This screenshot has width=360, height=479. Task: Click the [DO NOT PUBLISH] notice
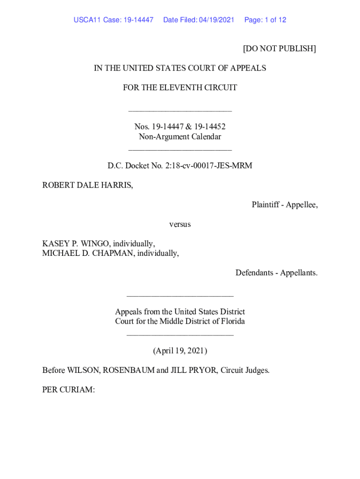[279, 49]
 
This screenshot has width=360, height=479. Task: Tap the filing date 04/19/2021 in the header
[216, 20]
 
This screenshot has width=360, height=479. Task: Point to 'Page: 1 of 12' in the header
[265, 20]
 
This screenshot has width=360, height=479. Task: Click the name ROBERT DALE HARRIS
[87, 185]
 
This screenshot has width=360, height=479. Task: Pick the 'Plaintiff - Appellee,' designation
[284, 205]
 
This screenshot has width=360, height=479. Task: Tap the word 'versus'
[180, 225]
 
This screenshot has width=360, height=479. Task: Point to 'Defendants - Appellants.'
[276, 273]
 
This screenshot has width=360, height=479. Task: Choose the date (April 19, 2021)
[180, 351]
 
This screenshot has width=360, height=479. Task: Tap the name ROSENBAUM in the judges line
[129, 370]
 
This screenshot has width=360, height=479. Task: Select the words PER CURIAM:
[69, 390]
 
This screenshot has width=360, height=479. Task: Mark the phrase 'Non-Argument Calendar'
[180, 137]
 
